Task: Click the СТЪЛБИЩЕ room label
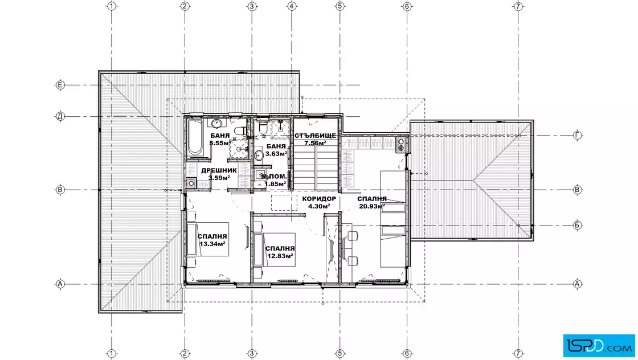click(316, 136)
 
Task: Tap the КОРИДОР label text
click(319, 199)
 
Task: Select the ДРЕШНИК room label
click(219, 170)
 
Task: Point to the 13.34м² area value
click(212, 244)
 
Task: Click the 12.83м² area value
click(280, 256)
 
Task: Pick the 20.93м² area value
click(372, 206)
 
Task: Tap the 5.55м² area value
click(220, 143)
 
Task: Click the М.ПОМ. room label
click(274, 177)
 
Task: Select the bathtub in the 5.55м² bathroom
click(195, 137)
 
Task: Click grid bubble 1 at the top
click(112, 6)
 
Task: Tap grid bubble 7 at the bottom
click(518, 353)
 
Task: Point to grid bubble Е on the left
click(60, 85)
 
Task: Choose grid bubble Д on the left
click(60, 117)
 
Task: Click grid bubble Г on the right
click(578, 136)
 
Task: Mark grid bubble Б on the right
click(578, 225)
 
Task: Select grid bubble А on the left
click(60, 284)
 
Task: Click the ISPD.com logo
click(599, 346)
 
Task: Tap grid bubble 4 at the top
click(292, 6)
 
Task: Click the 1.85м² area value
click(276, 184)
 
